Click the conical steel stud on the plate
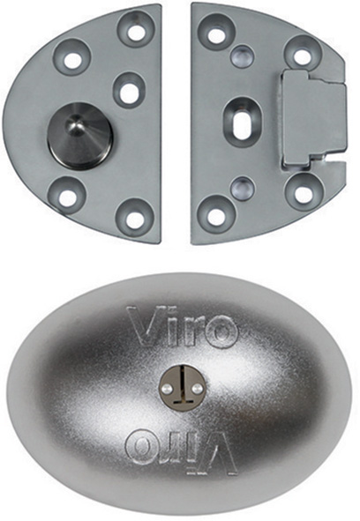pyautogui.click(x=79, y=137)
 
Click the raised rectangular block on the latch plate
pyautogui.click(x=313, y=119)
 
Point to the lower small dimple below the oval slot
pyautogui.click(x=243, y=189)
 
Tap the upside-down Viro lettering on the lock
pyautogui.click(x=182, y=453)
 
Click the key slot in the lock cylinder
pyautogui.click(x=182, y=389)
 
